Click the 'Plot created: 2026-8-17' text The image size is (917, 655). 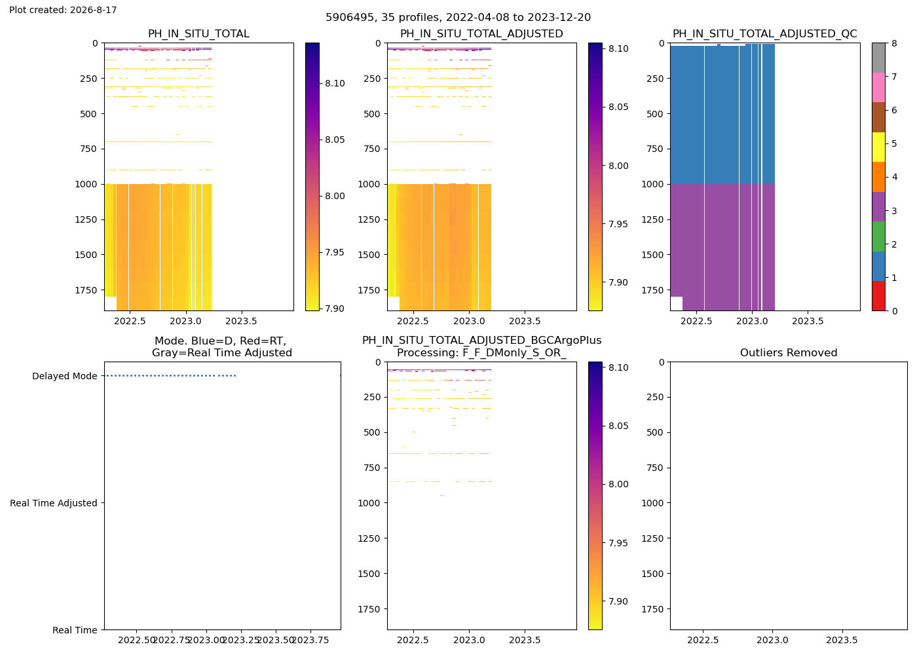coord(63,10)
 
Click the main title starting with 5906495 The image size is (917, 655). coord(458,18)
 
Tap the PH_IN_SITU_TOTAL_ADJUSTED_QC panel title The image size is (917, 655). coord(765,34)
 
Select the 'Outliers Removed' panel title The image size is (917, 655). coord(789,353)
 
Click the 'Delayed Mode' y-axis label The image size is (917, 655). coord(65,376)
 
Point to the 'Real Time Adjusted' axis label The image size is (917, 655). coord(54,503)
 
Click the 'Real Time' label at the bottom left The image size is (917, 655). coord(75,630)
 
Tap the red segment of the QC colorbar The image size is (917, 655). coord(878,296)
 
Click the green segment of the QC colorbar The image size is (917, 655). coord(878,236)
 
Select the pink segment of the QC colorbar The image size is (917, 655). coord(878,88)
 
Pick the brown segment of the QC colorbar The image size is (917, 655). coord(878,117)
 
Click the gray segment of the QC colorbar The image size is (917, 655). coord(878,58)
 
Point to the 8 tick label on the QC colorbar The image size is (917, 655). coord(894,43)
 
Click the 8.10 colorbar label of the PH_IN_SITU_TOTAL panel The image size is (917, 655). coord(335,84)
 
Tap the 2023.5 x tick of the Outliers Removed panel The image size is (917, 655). coord(842,641)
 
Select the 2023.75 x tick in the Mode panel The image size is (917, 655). coord(311,641)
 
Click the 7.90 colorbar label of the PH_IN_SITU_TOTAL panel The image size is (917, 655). coord(335,309)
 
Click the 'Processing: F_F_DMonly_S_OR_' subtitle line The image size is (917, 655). coord(482,353)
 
